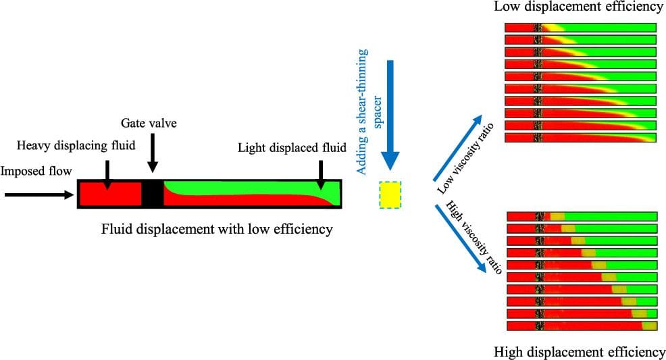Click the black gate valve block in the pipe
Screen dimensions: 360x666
click(152, 194)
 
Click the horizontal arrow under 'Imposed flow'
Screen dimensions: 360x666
click(37, 195)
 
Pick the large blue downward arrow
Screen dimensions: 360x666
click(390, 115)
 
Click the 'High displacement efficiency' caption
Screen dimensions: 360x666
click(580, 352)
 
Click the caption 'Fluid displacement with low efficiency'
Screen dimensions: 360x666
click(217, 230)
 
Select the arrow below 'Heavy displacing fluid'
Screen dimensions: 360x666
click(106, 172)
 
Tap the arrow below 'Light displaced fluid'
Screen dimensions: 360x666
click(321, 172)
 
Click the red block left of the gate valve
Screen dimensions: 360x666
click(110, 194)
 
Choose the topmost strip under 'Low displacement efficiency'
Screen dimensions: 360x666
click(580, 27)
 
